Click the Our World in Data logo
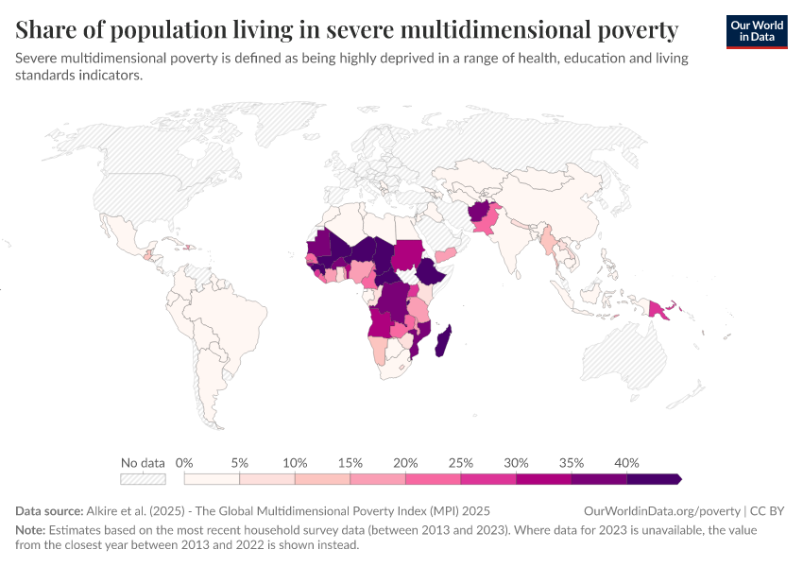tap(757, 32)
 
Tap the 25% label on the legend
tap(460, 463)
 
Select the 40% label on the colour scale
tap(626, 463)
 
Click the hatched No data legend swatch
tap(143, 479)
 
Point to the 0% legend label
tap(184, 463)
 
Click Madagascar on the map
tap(443, 341)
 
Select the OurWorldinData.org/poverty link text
tap(661, 511)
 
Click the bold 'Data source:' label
tap(49, 511)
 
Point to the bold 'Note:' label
tap(30, 530)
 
